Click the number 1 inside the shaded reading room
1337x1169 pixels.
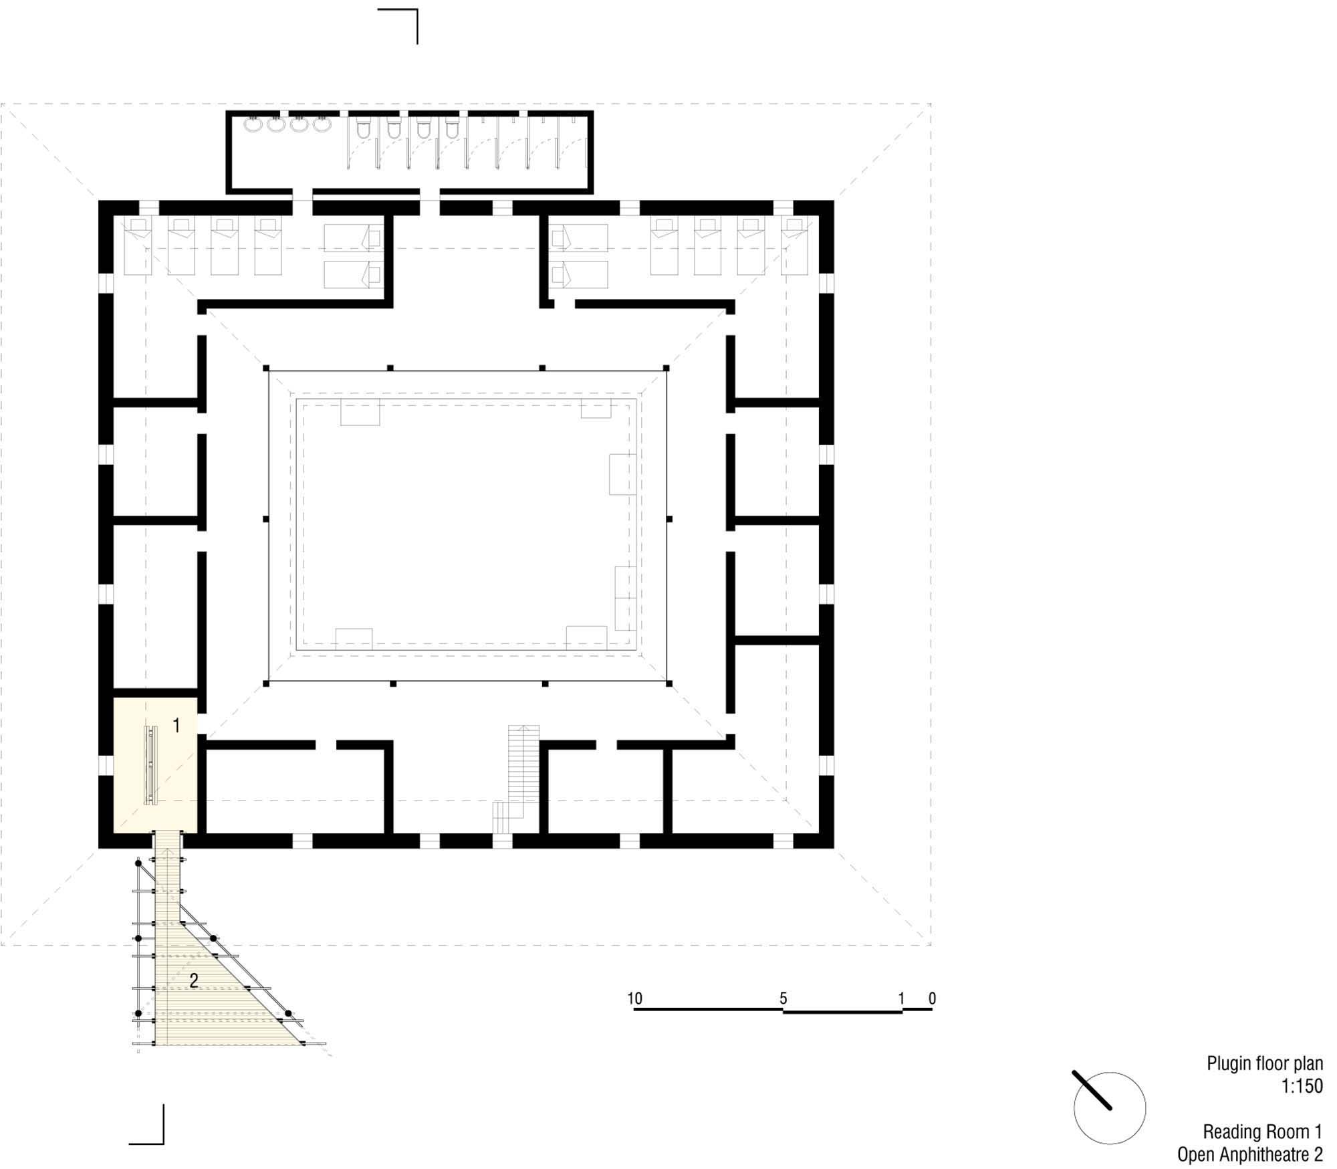click(176, 726)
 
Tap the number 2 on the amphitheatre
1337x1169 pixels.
click(194, 981)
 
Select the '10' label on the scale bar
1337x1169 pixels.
click(634, 998)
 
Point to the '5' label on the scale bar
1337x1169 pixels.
click(783, 998)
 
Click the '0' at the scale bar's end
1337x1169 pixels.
click(932, 998)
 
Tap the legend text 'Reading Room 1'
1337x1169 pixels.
click(1263, 1132)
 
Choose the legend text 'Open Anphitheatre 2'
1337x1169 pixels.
click(1250, 1155)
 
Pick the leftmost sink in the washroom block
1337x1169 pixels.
click(253, 124)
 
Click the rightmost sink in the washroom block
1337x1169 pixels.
click(322, 124)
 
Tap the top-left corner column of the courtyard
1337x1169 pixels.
click(266, 368)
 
